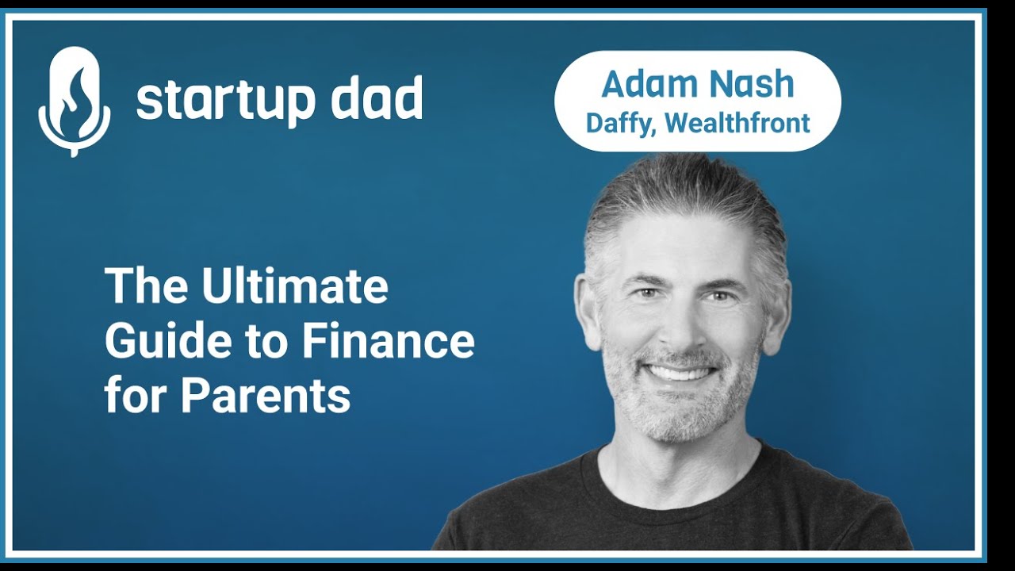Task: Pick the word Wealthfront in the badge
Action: point(737,123)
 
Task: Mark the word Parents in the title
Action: point(265,396)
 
